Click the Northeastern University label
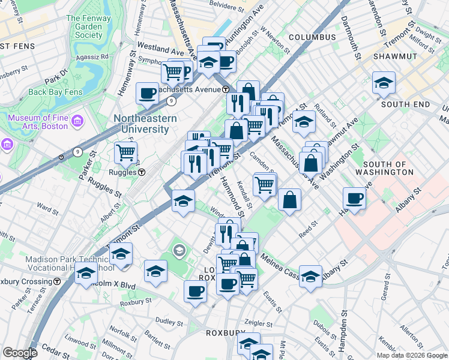(145, 124)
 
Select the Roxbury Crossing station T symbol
(57, 281)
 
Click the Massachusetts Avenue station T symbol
(226, 89)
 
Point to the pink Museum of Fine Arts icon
(76, 122)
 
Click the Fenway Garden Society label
(89, 26)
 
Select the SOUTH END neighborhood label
(405, 104)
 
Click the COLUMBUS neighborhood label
(312, 37)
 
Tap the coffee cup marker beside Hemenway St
(147, 93)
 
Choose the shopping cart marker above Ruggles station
(125, 152)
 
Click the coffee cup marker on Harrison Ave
(355, 199)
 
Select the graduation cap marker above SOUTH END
(384, 83)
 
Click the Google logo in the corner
(20, 353)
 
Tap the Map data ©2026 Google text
(412, 355)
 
